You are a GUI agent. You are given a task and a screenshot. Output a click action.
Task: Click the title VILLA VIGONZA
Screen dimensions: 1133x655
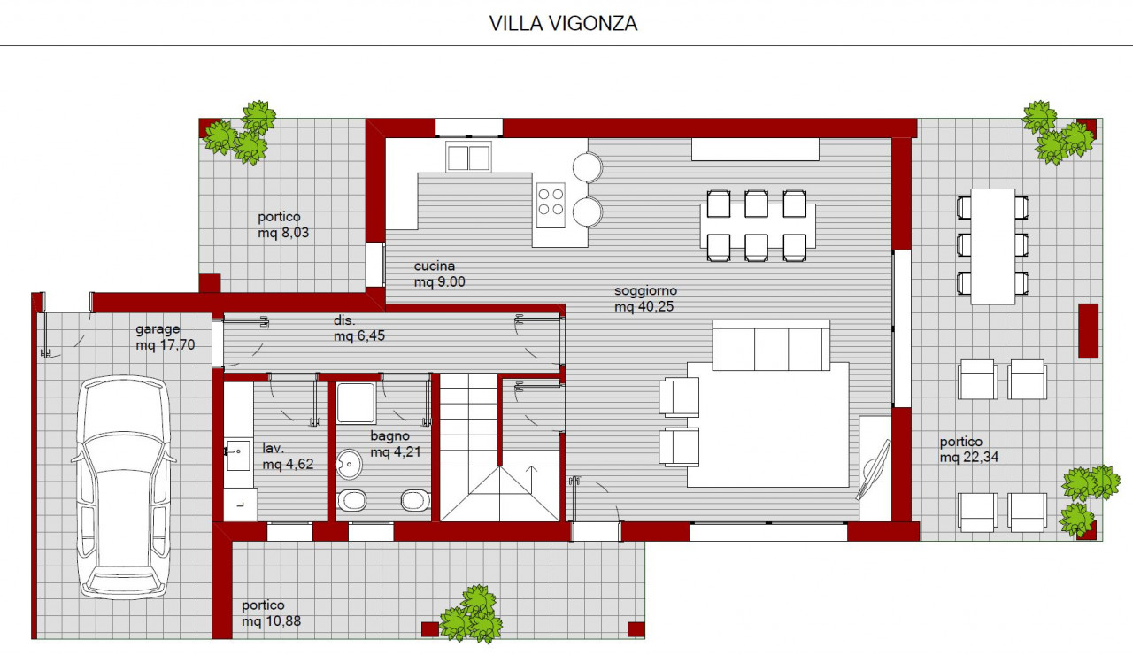point(563,24)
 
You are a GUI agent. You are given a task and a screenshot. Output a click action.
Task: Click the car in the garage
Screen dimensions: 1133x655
point(124,488)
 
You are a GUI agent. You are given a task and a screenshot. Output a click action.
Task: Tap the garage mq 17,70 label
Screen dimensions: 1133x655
point(165,337)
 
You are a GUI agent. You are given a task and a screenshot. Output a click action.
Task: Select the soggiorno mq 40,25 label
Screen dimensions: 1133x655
point(645,298)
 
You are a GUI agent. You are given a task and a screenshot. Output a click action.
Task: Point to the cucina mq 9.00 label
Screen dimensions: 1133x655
point(439,274)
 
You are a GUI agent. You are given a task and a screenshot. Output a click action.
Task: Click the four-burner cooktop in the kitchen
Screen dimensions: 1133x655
point(551,204)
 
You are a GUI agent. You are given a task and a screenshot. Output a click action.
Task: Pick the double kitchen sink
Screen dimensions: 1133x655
point(468,157)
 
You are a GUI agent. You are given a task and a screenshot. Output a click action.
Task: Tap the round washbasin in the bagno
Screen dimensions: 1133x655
point(349,464)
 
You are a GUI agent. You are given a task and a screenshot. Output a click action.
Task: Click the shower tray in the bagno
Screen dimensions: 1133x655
point(356,403)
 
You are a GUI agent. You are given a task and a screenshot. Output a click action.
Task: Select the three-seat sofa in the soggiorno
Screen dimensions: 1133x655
point(771,345)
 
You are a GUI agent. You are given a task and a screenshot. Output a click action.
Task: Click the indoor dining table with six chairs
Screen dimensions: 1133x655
point(757,226)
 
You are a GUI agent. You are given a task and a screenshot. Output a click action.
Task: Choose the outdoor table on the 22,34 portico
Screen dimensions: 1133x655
point(993,246)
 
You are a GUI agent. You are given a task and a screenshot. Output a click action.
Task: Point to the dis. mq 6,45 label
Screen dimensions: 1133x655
point(359,327)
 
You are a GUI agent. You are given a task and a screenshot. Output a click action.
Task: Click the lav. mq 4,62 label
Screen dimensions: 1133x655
point(288,456)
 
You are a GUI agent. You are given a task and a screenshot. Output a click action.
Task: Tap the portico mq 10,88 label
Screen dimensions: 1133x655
point(271,613)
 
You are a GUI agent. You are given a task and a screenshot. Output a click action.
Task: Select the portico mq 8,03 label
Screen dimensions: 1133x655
point(283,225)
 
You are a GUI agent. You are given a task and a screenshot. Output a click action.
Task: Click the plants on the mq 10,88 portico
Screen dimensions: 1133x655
point(472,614)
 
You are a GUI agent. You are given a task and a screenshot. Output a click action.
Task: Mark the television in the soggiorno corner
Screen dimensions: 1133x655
point(873,470)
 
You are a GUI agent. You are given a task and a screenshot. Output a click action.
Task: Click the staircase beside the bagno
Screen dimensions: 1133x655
point(501,447)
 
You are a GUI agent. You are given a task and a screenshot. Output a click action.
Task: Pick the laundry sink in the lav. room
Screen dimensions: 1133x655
point(237,455)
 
